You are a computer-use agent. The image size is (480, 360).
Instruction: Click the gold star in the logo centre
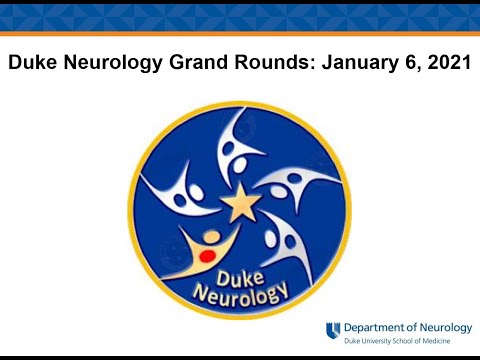coord(240,204)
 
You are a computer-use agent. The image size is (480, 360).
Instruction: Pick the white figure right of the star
coord(300,185)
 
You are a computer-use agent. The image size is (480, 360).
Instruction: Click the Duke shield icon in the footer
coord(332,331)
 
